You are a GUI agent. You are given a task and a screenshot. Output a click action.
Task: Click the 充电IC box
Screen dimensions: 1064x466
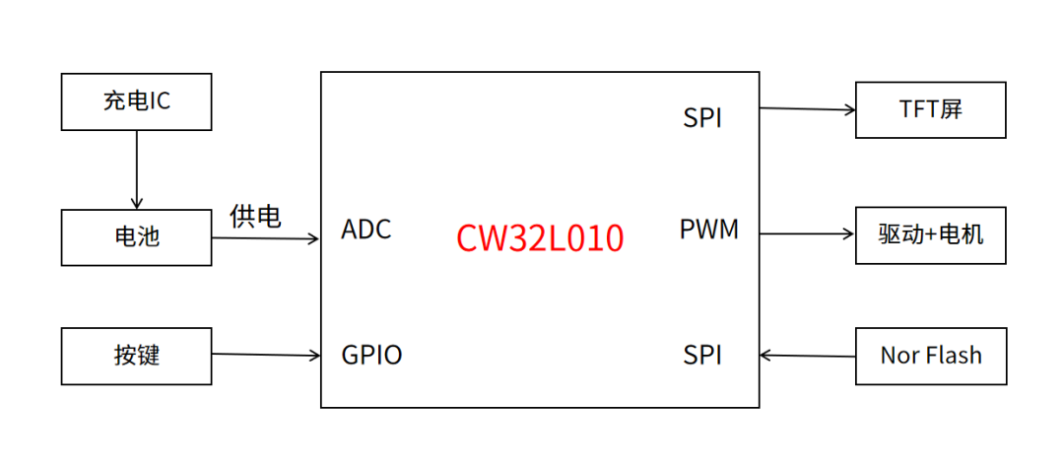tap(136, 101)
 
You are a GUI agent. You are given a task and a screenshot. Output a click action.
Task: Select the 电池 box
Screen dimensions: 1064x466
tap(136, 237)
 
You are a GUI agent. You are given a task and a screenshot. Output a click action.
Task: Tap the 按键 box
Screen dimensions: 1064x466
tap(136, 356)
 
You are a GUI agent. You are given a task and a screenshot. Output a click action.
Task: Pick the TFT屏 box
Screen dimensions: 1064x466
tap(930, 110)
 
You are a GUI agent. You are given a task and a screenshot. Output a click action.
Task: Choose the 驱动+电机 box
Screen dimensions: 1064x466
tap(930, 235)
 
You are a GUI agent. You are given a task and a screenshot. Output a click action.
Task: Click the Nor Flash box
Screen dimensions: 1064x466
tap(930, 356)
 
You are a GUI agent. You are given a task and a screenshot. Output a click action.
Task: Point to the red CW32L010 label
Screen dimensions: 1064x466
tap(540, 238)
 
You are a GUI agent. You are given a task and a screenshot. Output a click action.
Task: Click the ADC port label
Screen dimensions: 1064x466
tap(366, 230)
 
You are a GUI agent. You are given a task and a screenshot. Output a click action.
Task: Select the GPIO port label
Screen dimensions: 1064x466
tap(371, 355)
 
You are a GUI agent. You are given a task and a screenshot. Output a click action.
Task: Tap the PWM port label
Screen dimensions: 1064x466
tap(709, 230)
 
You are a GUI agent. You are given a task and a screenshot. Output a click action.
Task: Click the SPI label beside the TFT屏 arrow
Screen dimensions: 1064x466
tap(702, 118)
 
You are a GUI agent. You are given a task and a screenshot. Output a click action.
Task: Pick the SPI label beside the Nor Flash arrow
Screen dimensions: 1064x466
tap(702, 355)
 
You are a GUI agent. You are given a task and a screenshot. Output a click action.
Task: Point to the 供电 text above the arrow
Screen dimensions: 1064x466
tap(255, 217)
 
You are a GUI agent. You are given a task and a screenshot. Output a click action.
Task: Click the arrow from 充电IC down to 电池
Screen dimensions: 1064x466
tap(136, 169)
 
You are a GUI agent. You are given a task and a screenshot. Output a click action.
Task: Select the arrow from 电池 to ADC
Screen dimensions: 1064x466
tap(265, 238)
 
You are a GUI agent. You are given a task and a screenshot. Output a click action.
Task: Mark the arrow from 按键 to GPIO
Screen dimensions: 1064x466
tap(266, 354)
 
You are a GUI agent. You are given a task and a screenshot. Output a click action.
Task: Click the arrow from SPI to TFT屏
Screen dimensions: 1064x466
tap(807, 108)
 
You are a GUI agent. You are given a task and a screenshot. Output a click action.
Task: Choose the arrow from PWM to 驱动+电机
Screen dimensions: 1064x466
tap(807, 234)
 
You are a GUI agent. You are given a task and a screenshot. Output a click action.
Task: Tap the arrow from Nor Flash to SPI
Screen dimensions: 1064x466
tap(807, 355)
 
